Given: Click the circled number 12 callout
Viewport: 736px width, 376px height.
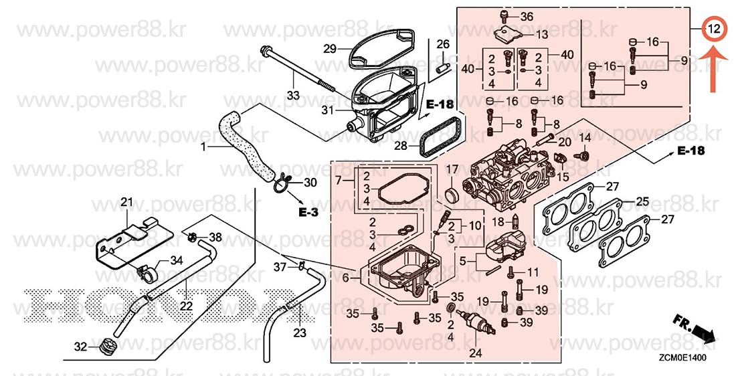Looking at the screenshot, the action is (713, 29).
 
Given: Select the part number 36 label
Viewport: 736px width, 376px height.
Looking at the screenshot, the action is (527, 17).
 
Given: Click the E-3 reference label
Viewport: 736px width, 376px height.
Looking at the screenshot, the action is (308, 212).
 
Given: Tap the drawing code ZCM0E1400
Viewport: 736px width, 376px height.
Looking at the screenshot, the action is (682, 358).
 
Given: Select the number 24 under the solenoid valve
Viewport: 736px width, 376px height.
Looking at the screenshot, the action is (475, 353).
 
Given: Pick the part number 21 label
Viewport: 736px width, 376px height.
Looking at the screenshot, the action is (126, 202).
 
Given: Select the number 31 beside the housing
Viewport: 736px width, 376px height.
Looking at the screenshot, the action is (327, 111).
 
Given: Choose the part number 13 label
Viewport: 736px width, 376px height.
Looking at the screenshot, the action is (542, 34).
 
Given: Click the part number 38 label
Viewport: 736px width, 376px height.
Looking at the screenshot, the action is (215, 238).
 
